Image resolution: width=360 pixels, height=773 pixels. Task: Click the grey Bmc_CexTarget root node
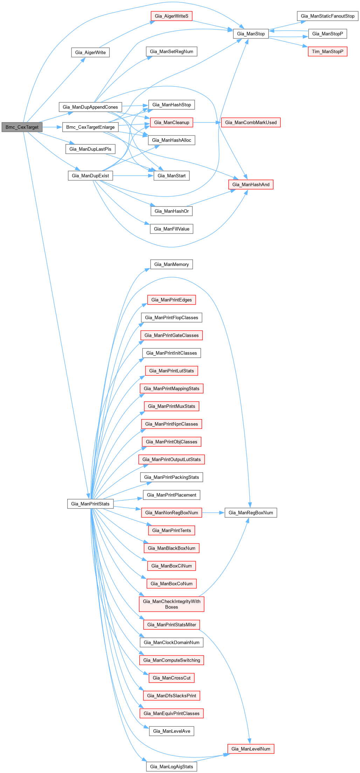22,127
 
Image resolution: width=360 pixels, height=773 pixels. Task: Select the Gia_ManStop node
251,34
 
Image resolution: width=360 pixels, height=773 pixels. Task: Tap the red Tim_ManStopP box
327,51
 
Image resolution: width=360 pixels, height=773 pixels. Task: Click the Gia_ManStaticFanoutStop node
327,16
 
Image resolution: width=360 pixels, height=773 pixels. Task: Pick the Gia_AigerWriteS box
171,16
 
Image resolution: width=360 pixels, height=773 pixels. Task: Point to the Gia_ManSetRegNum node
171,51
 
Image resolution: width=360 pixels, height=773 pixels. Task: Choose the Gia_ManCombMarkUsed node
251,123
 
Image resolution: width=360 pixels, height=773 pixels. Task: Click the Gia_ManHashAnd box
251,184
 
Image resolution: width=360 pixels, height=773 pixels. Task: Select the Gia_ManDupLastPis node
90,149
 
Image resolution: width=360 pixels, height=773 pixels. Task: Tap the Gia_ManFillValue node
172,229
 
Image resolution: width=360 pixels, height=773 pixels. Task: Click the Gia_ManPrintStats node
90,504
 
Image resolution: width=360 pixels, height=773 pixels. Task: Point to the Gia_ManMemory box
172,264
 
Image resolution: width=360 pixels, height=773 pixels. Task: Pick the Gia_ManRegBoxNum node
251,513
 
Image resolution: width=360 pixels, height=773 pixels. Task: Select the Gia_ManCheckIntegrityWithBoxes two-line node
172,604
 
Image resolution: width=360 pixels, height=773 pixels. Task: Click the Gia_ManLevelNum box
251,749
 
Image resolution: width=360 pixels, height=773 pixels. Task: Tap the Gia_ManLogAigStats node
172,767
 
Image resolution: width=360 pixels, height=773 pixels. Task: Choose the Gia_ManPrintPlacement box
172,495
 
